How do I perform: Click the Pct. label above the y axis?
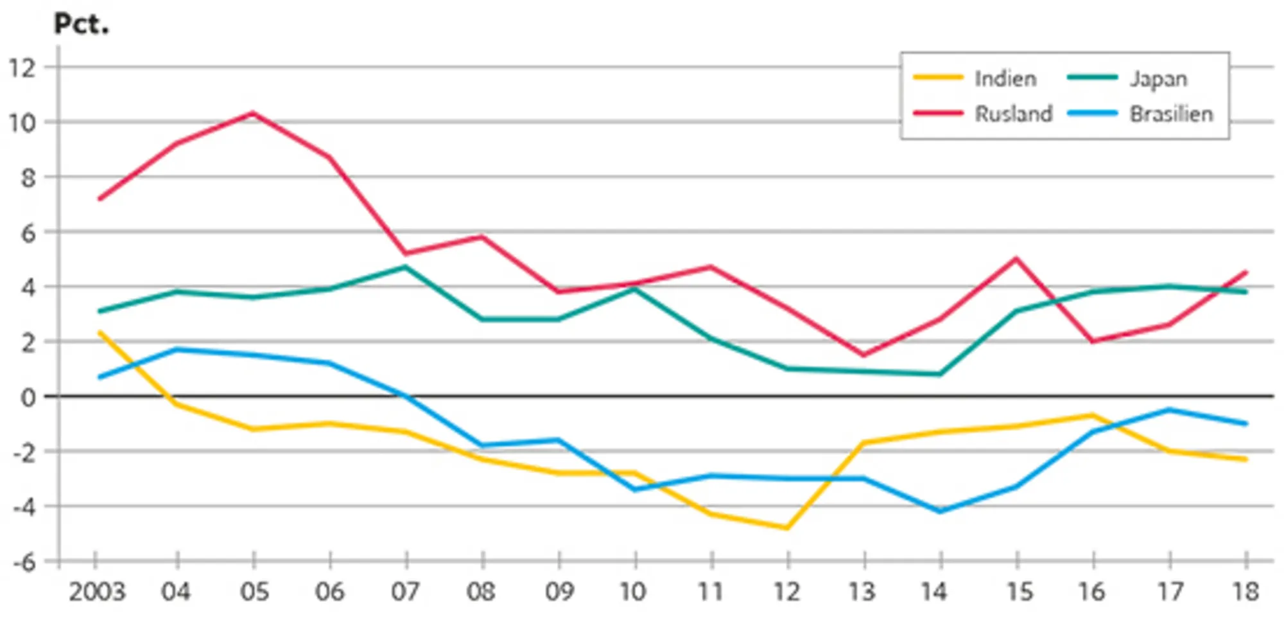81,24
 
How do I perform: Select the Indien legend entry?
1005,78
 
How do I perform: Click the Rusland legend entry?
1013,114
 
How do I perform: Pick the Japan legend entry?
1158,78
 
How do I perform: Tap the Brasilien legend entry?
1171,114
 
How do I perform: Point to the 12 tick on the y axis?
22,67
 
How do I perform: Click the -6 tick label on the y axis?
24,563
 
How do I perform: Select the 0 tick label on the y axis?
28,398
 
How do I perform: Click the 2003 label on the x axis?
97,592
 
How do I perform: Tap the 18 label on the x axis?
1245,592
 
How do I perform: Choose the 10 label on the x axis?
634,592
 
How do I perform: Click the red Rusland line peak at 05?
254,113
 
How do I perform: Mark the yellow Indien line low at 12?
788,528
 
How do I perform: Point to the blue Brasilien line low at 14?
941,511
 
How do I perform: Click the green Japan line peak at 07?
406,267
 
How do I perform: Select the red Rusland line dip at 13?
864,355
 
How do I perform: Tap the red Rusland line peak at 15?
1016,259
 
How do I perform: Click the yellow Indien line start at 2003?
100,332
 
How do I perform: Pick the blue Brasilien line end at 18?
1245,423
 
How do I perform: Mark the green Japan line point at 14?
941,374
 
